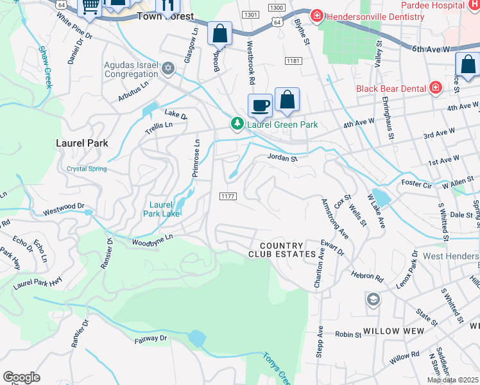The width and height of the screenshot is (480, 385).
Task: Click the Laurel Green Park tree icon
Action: click(x=237, y=123)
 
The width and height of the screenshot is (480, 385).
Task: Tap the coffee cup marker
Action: click(x=260, y=105)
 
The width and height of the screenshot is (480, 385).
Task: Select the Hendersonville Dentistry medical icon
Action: click(x=316, y=15)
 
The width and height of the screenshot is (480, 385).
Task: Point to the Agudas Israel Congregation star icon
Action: click(x=168, y=68)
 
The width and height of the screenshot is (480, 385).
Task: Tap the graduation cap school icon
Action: click(x=373, y=299)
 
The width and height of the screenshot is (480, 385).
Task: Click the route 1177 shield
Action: click(x=228, y=196)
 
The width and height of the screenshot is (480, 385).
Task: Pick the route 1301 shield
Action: click(x=251, y=14)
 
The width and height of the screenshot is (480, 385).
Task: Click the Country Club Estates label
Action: click(x=282, y=250)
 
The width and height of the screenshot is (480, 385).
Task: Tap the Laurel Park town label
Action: click(x=81, y=142)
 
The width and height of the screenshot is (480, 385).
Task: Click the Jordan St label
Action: click(x=282, y=157)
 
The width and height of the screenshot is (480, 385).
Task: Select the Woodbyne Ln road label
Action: click(x=153, y=240)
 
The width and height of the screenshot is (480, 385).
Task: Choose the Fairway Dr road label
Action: click(x=150, y=338)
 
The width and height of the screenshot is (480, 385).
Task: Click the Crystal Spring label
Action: click(x=87, y=169)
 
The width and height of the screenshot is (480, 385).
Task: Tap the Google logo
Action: click(x=21, y=377)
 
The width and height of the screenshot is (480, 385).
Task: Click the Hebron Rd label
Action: click(x=366, y=277)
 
